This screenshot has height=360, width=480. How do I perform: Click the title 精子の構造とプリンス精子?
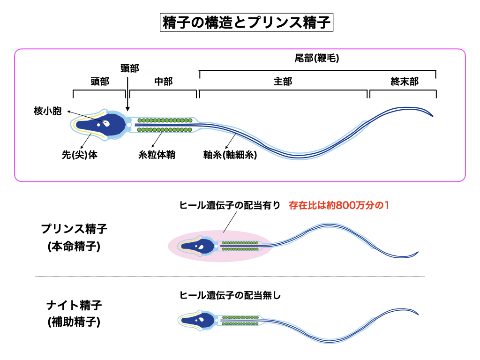[247, 22]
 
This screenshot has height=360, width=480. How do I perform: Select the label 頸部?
[129, 68]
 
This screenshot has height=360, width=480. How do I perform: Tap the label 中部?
[163, 82]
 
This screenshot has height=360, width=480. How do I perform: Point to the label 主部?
[283, 82]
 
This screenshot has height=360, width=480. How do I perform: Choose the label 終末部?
[404, 82]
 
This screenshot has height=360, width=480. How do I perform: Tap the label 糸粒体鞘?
[157, 154]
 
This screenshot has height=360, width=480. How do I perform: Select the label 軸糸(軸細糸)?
[230, 154]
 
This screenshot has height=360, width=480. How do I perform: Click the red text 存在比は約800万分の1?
[339, 205]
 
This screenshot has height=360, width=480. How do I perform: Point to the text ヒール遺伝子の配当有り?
[230, 205]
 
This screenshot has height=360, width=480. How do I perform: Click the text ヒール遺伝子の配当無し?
[230, 295]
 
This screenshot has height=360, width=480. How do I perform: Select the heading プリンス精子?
[74, 229]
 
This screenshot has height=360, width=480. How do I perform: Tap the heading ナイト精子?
[74, 305]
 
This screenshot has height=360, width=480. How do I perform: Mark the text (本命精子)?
[74, 247]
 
